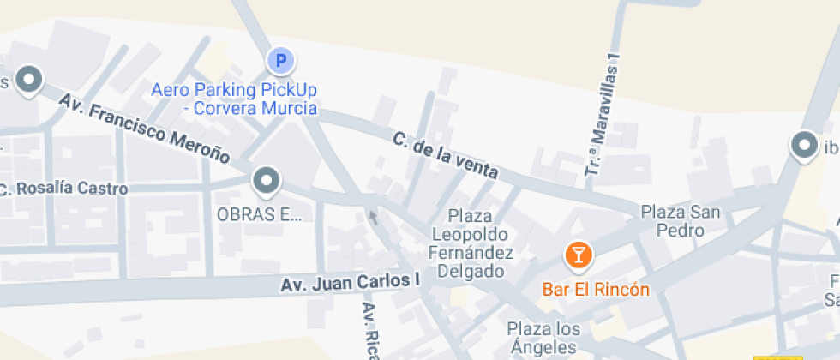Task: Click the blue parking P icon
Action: pos(280,61)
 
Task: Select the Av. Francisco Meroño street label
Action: pos(144,129)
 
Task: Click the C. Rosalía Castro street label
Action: pos(64,189)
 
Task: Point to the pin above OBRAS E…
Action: pos(267,181)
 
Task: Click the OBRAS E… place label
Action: pos(260,215)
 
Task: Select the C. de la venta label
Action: pos(446,155)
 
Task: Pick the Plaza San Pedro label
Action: pos(681,220)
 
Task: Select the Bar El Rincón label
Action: pos(596,289)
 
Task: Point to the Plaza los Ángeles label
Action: pos(543,338)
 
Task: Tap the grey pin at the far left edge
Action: pos(31,80)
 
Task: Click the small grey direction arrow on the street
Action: pos(373,216)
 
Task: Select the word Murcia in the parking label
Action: pos(290,109)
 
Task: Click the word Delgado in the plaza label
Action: pos(471,272)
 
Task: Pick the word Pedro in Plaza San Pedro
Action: pos(681,231)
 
